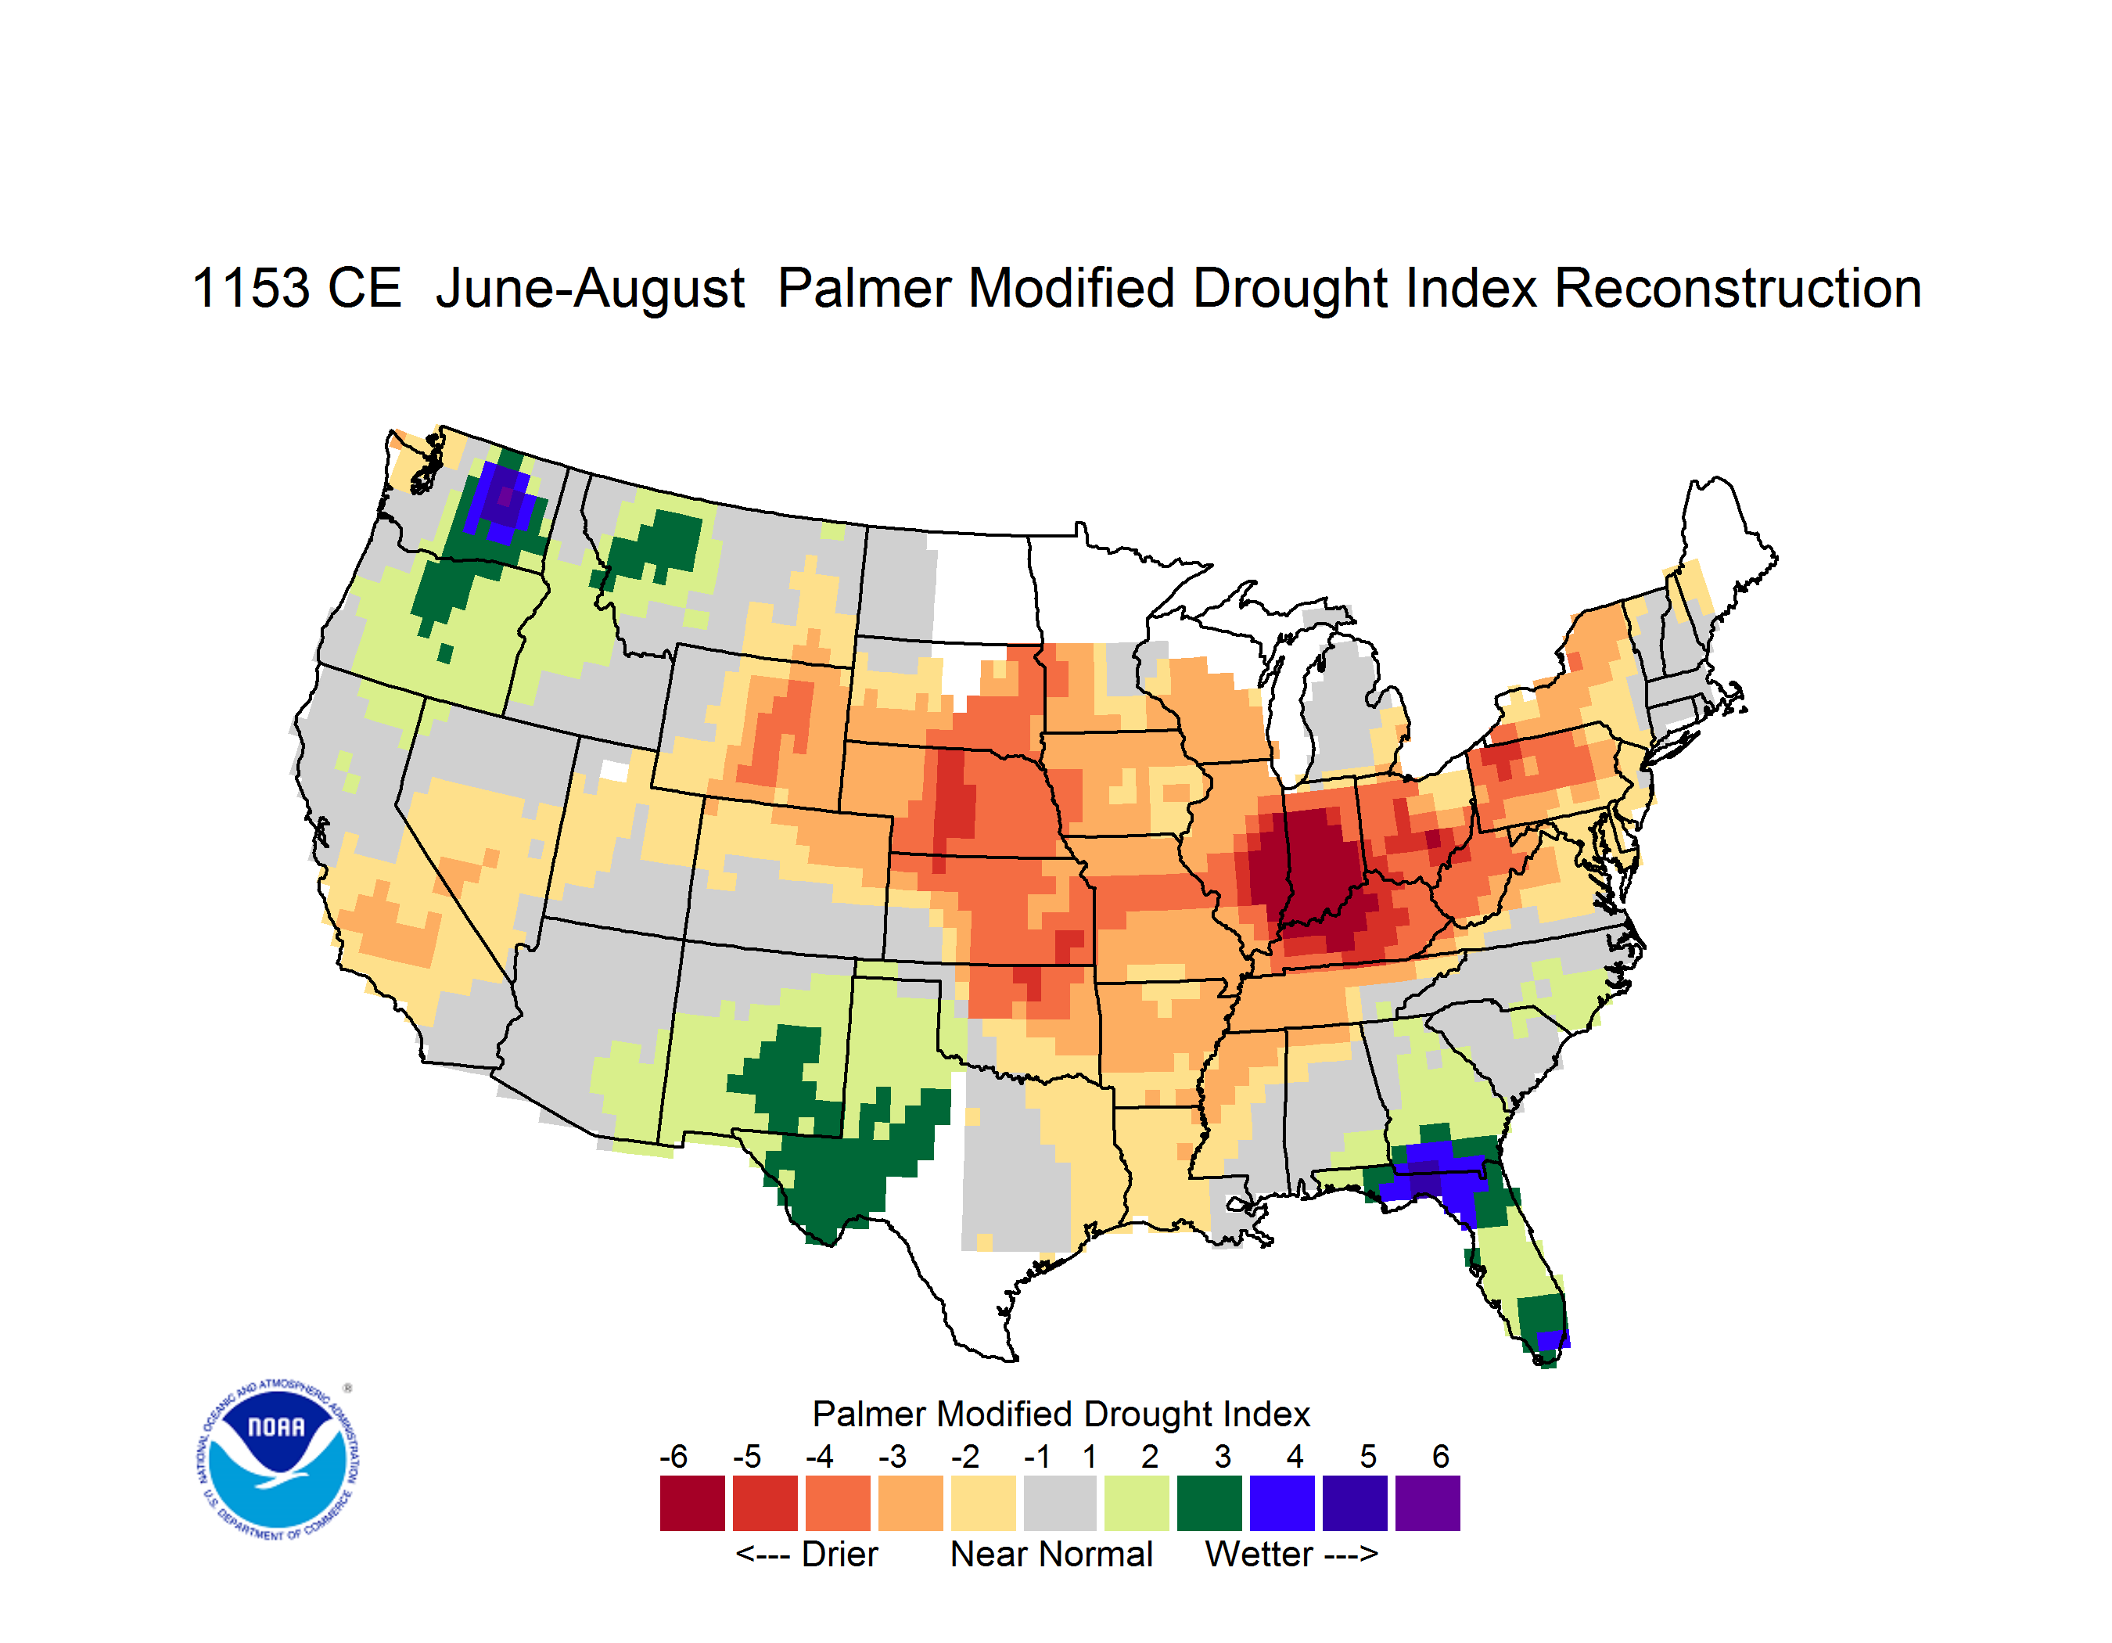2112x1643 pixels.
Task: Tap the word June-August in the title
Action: pos(590,290)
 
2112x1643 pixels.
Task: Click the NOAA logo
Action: pos(278,1460)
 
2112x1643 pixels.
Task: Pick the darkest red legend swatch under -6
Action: pos(692,1503)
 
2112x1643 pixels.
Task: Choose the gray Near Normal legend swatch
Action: pos(1060,1503)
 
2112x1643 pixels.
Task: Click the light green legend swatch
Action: pos(1137,1503)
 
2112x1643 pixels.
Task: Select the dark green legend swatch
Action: pos(1209,1503)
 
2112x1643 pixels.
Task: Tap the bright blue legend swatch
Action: pos(1282,1503)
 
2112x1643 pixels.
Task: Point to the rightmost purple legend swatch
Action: pos(1428,1503)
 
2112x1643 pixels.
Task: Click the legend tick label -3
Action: pos(892,1456)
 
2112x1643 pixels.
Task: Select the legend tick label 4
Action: pos(1295,1456)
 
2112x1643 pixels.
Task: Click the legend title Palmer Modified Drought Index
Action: pos(1061,1415)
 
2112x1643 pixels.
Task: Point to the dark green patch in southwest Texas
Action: pos(836,1180)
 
